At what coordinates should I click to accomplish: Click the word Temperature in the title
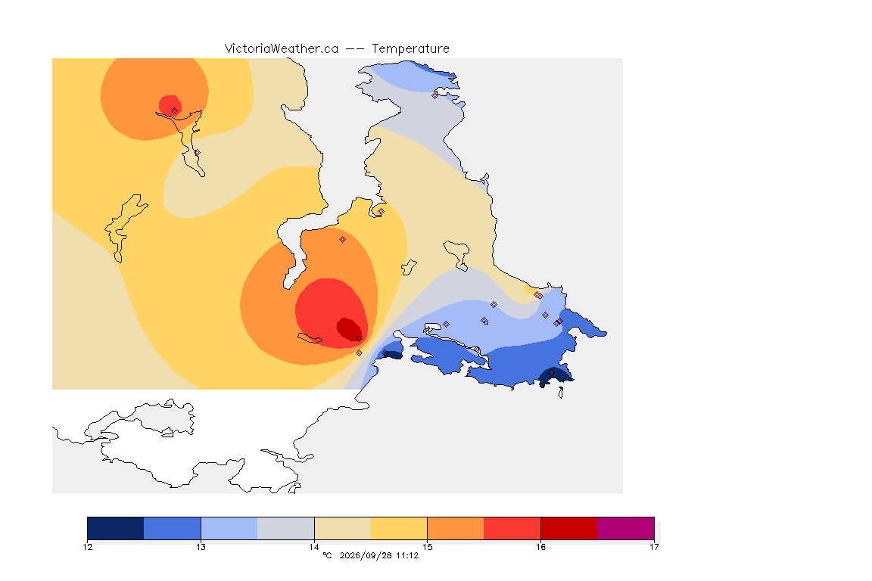tap(410, 49)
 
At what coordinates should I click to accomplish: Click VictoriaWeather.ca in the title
tap(282, 49)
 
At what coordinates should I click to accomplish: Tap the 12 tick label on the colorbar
tap(88, 547)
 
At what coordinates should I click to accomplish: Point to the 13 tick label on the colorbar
tap(201, 547)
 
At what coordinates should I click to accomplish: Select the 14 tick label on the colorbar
tap(314, 547)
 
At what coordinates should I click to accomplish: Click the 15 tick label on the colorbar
tap(428, 547)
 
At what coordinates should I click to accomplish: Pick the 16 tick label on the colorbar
tap(541, 547)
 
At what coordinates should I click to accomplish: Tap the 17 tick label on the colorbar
tap(654, 547)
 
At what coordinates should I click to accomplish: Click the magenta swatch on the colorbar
tap(626, 528)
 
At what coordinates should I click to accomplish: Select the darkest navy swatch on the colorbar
tap(116, 528)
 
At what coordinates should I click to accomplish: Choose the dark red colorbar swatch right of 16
tap(569, 528)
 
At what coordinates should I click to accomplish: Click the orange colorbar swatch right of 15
tap(456, 528)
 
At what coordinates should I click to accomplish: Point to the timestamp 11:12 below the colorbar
tap(407, 555)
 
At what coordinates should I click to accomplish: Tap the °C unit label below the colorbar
tap(327, 555)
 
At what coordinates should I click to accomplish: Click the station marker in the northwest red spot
tap(175, 110)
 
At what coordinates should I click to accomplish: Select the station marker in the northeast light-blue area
tap(435, 95)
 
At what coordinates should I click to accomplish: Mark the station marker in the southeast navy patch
tap(552, 372)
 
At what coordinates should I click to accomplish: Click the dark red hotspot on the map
tap(349, 328)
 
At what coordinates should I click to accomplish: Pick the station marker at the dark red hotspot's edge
tap(360, 339)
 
